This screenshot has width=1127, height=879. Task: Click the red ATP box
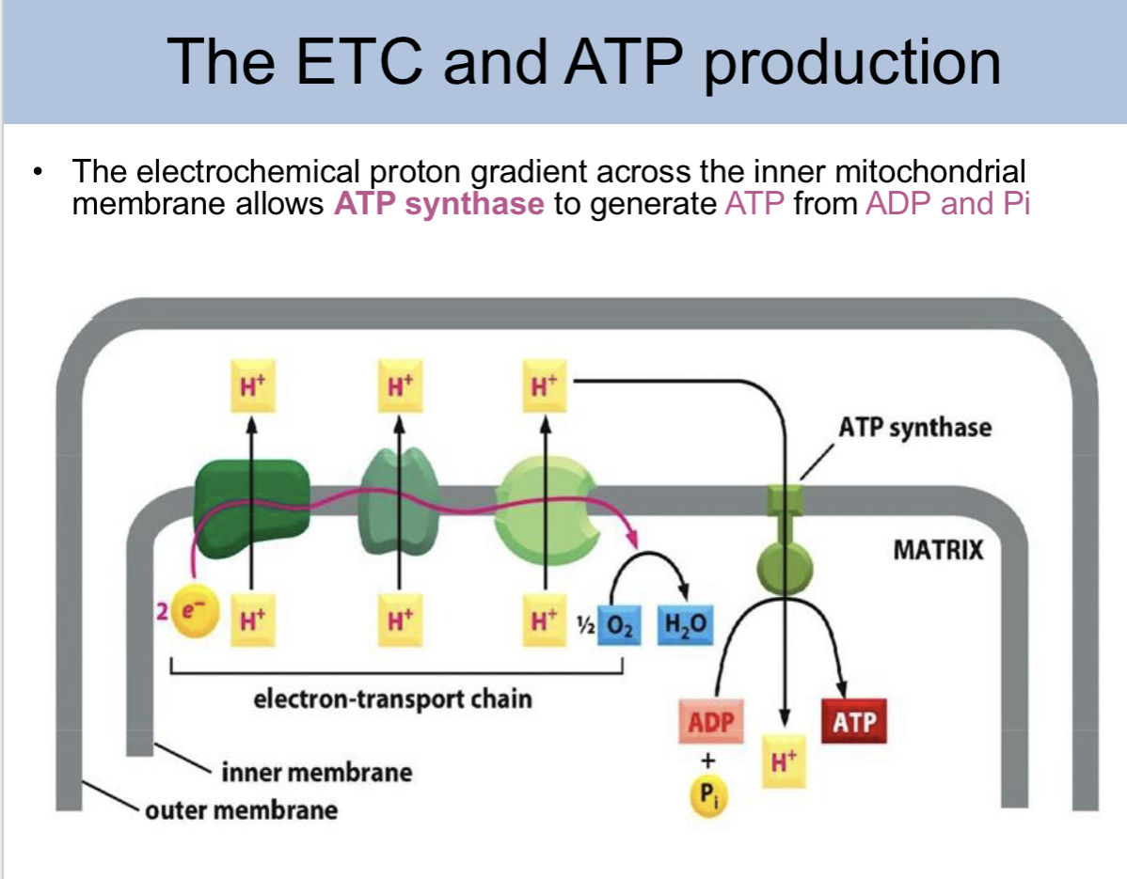tap(853, 722)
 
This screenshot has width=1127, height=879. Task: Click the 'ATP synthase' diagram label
tap(914, 428)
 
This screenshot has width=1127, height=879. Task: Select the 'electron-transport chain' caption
tap(392, 698)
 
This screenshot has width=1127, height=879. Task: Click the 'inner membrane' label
tap(316, 773)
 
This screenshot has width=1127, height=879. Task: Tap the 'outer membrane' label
tap(241, 809)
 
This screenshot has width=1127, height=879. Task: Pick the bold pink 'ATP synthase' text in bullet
tap(438, 203)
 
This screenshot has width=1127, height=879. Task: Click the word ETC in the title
tap(380, 61)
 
